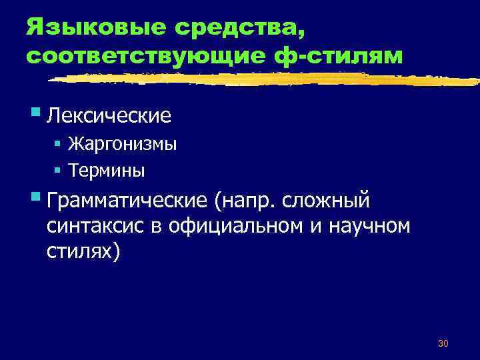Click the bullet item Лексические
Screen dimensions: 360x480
(x=109, y=116)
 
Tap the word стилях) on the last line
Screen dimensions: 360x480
(x=84, y=253)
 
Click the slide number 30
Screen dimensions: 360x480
(x=443, y=343)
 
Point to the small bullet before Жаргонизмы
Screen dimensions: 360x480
(x=58, y=144)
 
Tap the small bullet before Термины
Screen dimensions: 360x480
(x=58, y=170)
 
